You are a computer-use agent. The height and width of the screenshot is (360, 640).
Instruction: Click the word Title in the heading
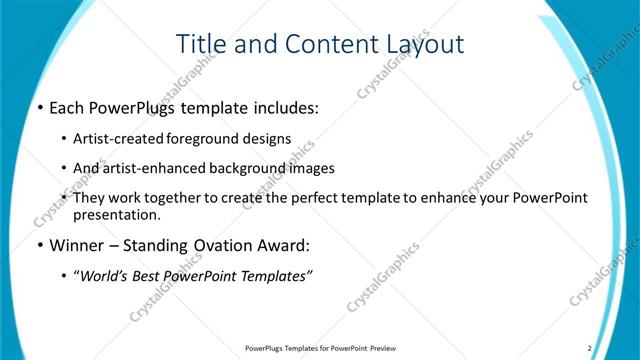coord(199,44)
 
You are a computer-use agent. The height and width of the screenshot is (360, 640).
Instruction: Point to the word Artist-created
coord(119,139)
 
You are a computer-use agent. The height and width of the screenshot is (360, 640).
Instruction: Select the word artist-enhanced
coord(153,168)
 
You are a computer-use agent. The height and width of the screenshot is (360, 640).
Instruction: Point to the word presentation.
coord(116,214)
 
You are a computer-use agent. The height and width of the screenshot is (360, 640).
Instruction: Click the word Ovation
coord(216,246)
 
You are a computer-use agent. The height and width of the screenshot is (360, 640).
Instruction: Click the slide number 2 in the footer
coord(589,348)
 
